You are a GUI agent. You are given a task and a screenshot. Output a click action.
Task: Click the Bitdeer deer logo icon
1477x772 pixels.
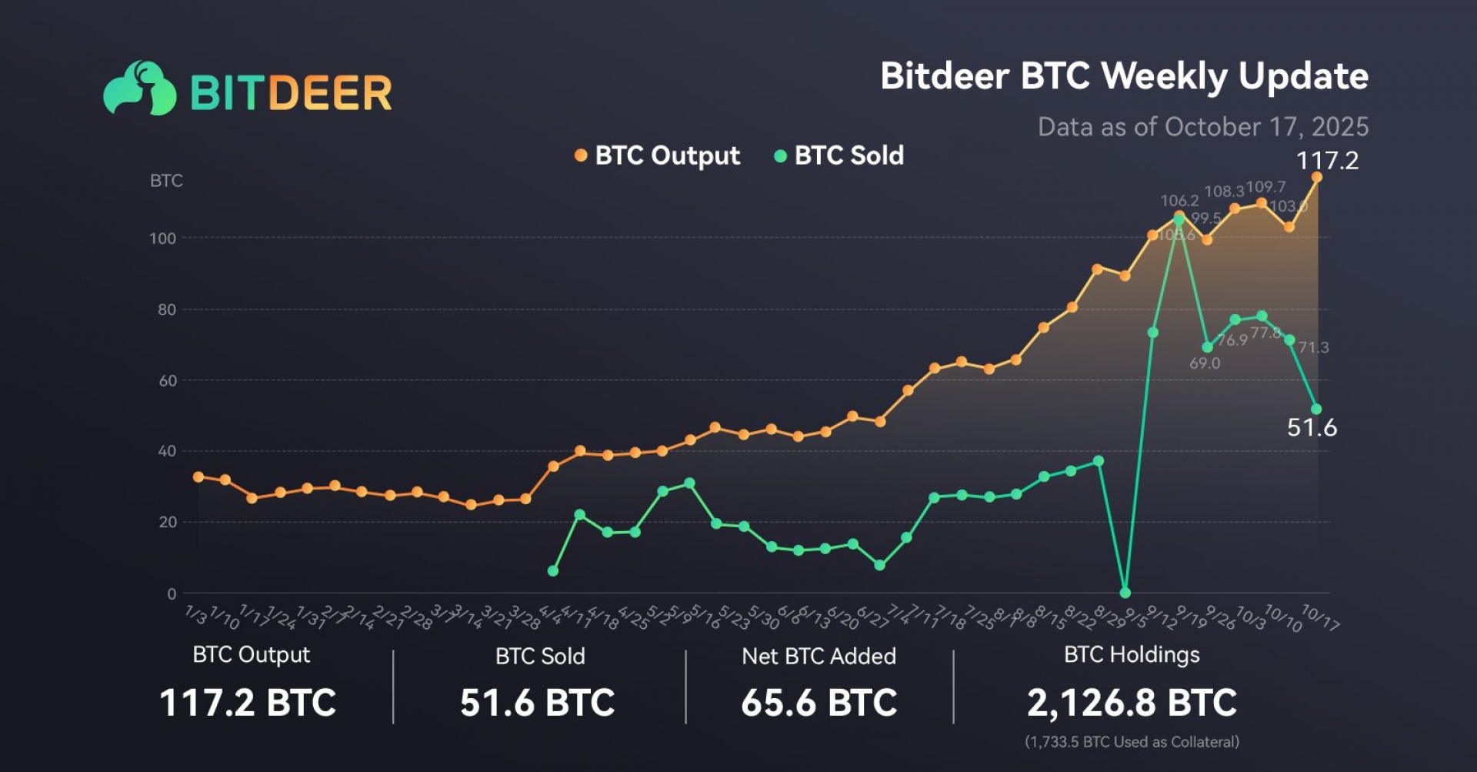(x=140, y=89)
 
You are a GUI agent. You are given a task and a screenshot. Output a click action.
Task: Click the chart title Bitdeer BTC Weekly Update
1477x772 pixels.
(x=1124, y=76)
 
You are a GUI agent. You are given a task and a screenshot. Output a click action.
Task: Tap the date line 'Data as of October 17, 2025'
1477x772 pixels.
(x=1202, y=126)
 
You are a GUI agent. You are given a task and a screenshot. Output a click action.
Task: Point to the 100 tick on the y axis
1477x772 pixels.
(x=163, y=239)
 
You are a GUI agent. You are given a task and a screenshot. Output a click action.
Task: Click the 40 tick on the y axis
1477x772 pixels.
(x=167, y=451)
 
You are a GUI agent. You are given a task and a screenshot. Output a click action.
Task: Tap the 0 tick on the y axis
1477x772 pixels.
(x=172, y=593)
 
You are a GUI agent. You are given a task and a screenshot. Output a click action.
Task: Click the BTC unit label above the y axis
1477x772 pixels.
(x=166, y=181)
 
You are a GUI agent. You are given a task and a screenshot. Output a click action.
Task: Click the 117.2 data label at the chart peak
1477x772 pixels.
(x=1327, y=160)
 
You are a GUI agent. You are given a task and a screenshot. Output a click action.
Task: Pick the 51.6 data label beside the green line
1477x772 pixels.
(x=1312, y=427)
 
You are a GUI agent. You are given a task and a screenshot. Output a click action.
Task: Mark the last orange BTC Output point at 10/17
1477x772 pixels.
(x=1316, y=177)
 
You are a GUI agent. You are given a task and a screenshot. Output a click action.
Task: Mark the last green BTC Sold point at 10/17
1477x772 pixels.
(x=1316, y=409)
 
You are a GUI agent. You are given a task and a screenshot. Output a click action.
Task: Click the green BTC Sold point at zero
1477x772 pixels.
(x=1125, y=593)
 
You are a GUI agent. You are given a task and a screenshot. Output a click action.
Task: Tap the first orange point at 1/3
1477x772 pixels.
(x=198, y=477)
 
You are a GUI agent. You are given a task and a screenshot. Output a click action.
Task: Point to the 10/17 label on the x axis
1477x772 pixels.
(x=1320, y=617)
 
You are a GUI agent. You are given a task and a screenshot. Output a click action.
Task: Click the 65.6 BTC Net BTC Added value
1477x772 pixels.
(x=819, y=703)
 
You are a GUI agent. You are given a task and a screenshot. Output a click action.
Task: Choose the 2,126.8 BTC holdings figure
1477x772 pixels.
(x=1132, y=703)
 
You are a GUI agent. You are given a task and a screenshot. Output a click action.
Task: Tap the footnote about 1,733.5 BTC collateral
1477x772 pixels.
(x=1132, y=742)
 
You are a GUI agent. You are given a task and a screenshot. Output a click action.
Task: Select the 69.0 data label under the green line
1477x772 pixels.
(x=1205, y=363)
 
